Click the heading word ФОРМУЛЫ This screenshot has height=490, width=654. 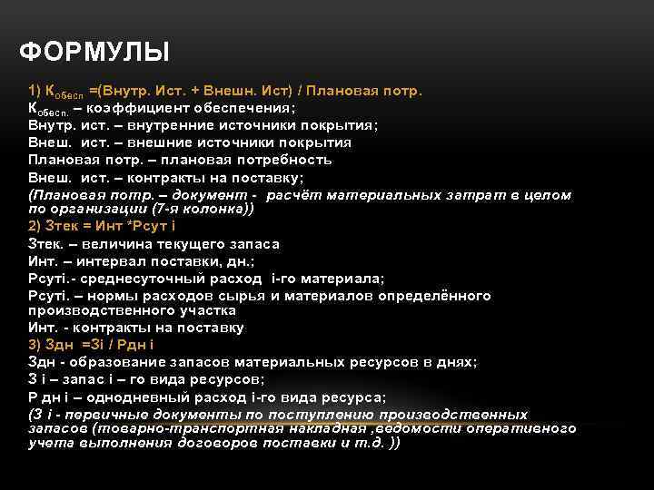click(94, 51)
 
